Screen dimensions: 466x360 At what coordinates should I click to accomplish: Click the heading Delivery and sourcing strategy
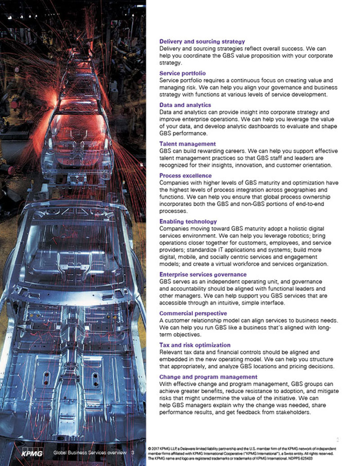click(x=202, y=41)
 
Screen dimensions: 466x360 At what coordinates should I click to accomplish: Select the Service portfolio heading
click(x=183, y=73)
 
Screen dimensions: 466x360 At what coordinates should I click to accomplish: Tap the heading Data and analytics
click(x=185, y=105)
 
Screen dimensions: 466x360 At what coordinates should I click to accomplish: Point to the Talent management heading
click(x=188, y=144)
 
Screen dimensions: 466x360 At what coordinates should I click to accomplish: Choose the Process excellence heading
click(x=185, y=176)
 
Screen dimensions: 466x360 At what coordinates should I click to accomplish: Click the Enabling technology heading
click(x=188, y=222)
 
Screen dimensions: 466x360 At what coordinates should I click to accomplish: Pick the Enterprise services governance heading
click(x=203, y=274)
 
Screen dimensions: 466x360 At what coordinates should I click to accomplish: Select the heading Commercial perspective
click(x=193, y=313)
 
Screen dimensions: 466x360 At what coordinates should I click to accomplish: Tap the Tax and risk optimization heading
click(x=195, y=345)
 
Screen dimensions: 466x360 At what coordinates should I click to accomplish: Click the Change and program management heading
click(x=208, y=377)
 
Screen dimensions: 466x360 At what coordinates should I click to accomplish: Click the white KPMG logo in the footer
click(x=33, y=452)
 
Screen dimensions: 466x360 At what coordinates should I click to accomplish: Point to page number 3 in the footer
click(x=133, y=452)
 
